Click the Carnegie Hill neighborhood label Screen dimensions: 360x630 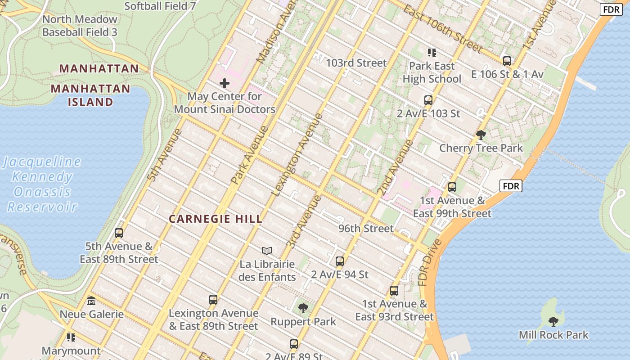point(215,219)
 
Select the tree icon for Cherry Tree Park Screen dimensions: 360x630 point(481,135)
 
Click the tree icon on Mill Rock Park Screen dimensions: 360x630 point(553,321)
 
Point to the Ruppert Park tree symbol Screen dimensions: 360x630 point(303,308)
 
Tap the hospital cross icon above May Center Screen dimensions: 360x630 point(224,83)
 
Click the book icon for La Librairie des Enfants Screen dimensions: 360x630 point(267,251)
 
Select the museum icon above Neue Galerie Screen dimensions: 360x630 point(91,301)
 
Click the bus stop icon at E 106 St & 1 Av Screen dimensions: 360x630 point(507,61)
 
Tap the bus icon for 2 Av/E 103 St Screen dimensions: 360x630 point(428,100)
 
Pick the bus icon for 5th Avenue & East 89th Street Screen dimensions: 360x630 point(119,233)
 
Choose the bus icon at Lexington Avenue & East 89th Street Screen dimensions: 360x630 point(213,300)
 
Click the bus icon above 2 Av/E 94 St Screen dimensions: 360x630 point(340,261)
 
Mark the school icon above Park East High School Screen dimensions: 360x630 point(432,53)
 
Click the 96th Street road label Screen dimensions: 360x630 point(366,229)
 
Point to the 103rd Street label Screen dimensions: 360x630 point(356,63)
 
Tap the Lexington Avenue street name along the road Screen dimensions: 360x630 point(297,155)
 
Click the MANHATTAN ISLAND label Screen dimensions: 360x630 point(90,95)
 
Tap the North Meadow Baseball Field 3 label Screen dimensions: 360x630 point(80,26)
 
